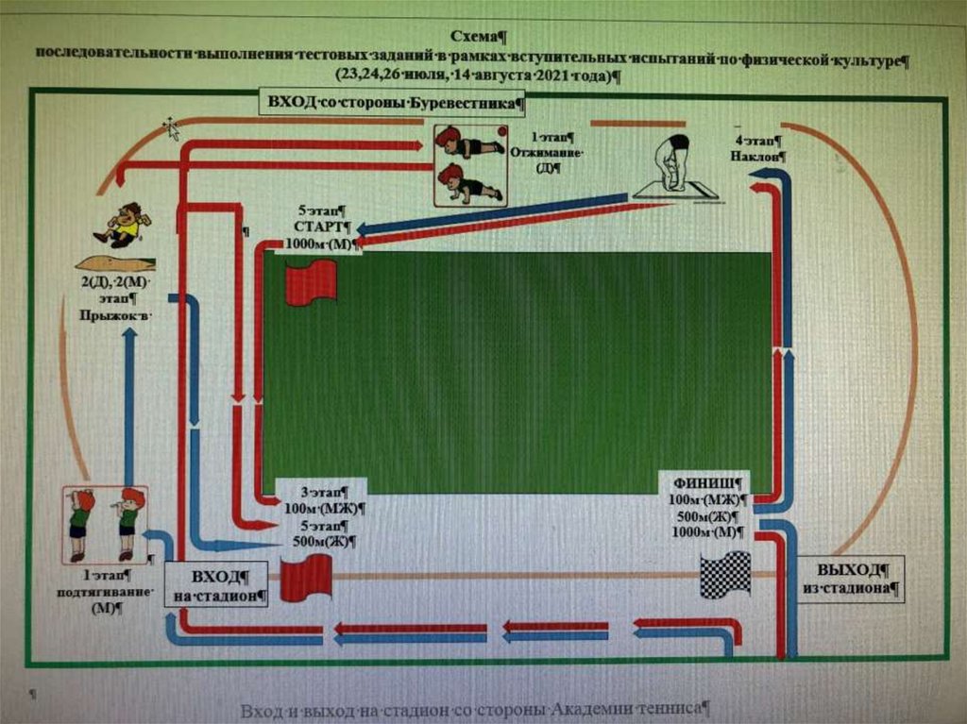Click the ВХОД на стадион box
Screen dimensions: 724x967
coord(217,586)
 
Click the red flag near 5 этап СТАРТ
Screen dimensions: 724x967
coord(311,281)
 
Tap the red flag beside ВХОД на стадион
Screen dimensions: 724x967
coord(306,578)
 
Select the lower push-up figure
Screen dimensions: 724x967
coord(468,184)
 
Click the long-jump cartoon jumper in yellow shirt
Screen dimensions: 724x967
coord(123,225)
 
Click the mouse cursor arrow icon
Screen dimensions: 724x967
coord(172,128)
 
